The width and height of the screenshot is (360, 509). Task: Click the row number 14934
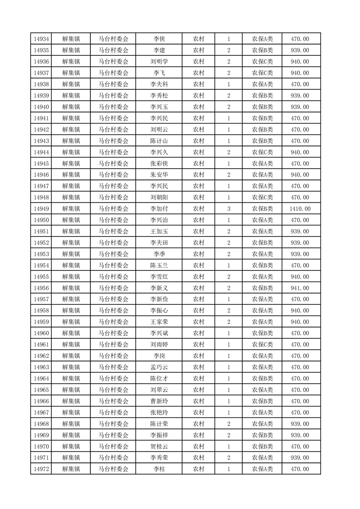point(41,39)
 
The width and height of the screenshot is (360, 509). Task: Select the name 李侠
point(159,39)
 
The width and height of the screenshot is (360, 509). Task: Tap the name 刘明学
point(159,62)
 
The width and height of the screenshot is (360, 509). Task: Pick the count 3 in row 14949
point(229,209)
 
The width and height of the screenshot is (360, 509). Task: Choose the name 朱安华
point(159,175)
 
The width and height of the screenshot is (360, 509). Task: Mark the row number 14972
point(41,469)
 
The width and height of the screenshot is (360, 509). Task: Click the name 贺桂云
point(159,446)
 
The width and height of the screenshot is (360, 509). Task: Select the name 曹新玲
point(159,401)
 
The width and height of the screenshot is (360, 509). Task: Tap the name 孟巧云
point(159,367)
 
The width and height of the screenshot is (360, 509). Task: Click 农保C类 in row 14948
point(262,197)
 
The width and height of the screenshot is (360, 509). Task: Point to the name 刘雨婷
point(159,344)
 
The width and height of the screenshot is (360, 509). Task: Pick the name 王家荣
point(159,322)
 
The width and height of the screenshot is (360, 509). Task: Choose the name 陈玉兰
point(159,265)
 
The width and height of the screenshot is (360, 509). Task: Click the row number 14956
point(41,288)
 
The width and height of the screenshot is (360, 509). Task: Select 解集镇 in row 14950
point(71,220)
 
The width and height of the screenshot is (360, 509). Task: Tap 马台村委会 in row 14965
point(113,390)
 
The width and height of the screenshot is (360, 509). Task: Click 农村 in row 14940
point(198,107)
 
